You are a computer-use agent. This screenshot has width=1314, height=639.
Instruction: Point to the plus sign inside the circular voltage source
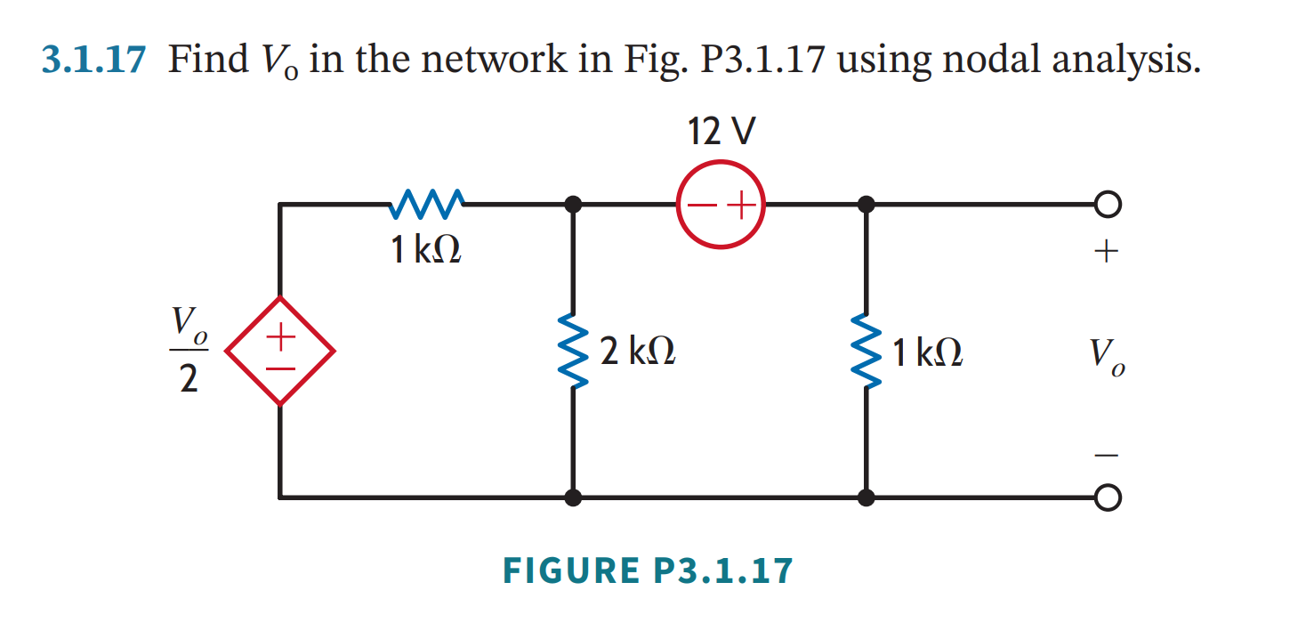tap(741, 207)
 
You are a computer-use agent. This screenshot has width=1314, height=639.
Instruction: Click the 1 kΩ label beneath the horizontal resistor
tap(425, 251)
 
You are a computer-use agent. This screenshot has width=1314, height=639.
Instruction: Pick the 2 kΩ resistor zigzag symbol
tap(574, 352)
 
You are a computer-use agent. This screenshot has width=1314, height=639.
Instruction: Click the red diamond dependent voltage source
tap(280, 352)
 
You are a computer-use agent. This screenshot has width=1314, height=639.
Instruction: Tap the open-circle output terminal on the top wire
tap(1107, 206)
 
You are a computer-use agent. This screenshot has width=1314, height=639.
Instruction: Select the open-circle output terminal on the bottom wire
tap(1107, 497)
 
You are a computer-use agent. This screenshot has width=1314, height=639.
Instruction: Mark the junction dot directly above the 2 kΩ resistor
tap(574, 206)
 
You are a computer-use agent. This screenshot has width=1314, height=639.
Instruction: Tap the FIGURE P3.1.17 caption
tap(647, 570)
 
